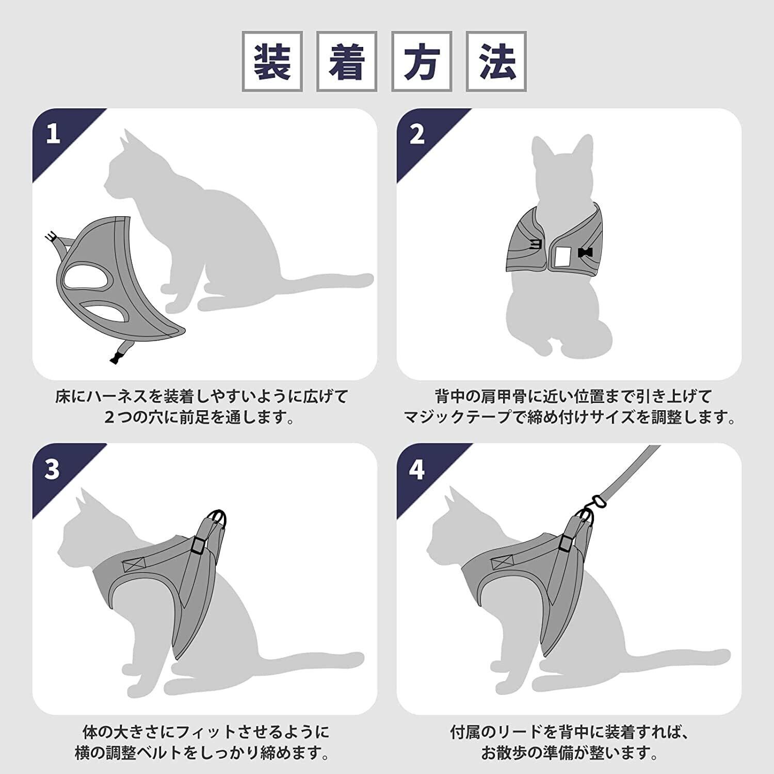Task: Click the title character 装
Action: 272,61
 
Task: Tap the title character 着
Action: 347,61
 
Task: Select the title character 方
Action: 422,61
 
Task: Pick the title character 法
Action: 496,61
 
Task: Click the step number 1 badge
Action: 53,134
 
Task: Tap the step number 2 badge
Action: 417,134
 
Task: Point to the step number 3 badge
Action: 52,469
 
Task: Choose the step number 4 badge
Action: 417,469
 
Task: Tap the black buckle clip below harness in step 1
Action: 116,356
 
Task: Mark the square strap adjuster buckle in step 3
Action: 197,544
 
